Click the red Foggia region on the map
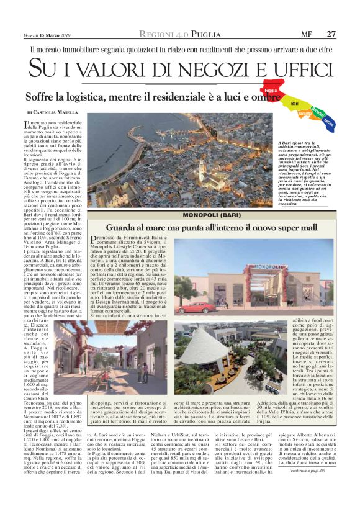pos(271,89)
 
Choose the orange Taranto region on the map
pos(305,114)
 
